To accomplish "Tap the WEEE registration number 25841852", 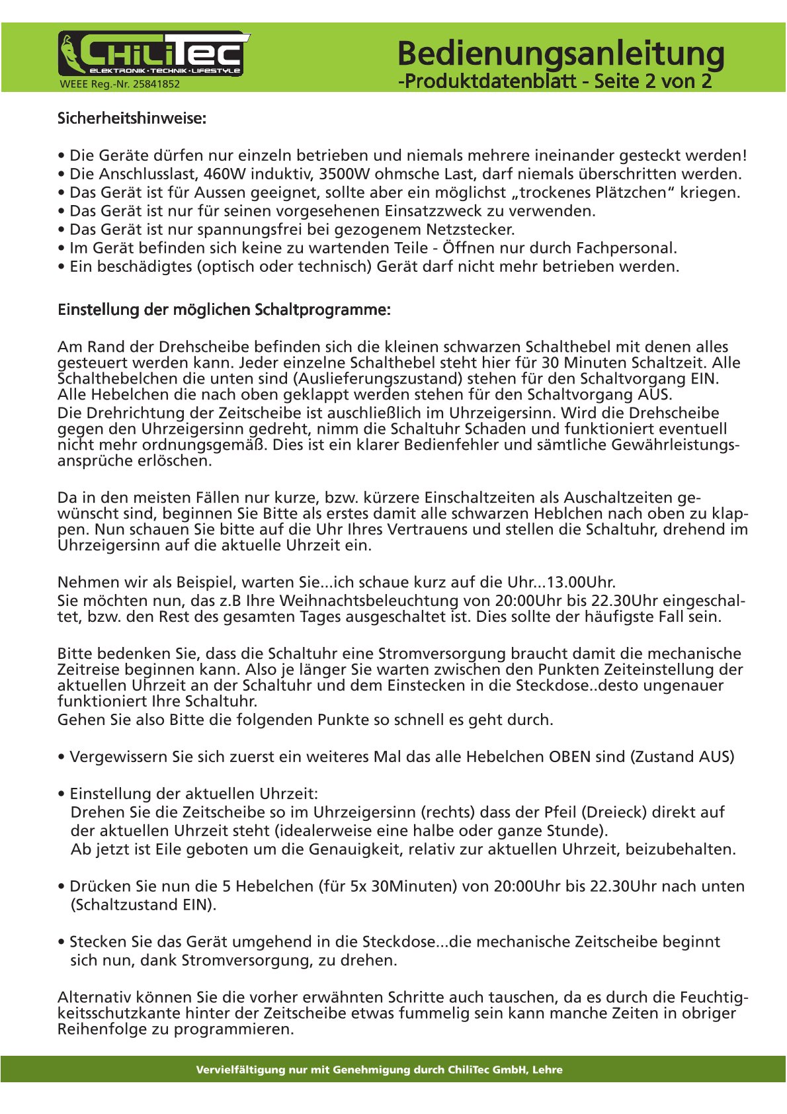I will [120, 84].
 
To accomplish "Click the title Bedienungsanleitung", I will [561, 54].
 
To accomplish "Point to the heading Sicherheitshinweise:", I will [132, 119].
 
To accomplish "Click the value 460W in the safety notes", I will [225, 175].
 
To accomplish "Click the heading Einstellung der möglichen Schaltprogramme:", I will [224, 310].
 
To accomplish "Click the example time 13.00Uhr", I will [581, 583].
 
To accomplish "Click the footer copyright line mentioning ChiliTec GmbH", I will [379, 1070].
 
